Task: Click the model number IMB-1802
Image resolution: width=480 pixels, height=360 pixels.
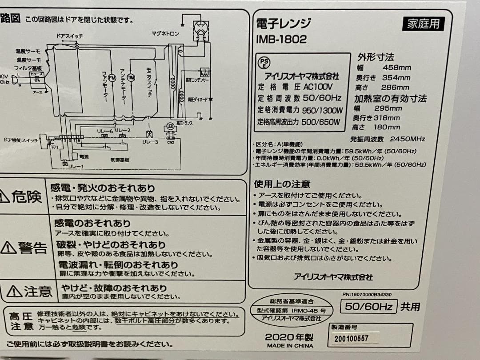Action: (281, 39)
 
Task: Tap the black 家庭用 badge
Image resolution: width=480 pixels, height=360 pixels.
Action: (423, 24)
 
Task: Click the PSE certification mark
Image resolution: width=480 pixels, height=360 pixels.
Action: (264, 62)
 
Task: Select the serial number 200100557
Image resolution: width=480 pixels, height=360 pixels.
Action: (352, 339)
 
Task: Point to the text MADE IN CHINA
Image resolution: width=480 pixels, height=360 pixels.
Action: (289, 346)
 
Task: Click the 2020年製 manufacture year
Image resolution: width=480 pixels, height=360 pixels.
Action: (289, 336)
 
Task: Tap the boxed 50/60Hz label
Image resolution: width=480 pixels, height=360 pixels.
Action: (368, 306)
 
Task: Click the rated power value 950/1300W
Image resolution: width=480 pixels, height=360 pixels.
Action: (322, 110)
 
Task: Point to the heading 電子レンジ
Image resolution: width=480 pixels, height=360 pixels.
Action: (284, 24)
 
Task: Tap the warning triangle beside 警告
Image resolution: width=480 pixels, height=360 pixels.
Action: (8, 248)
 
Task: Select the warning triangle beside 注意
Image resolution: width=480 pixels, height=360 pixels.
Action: (14, 291)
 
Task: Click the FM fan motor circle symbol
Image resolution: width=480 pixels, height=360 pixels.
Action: (112, 77)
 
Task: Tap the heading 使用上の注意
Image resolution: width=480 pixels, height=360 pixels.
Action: (282, 184)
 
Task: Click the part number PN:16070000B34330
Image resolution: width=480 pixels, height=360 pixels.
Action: (367, 294)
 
